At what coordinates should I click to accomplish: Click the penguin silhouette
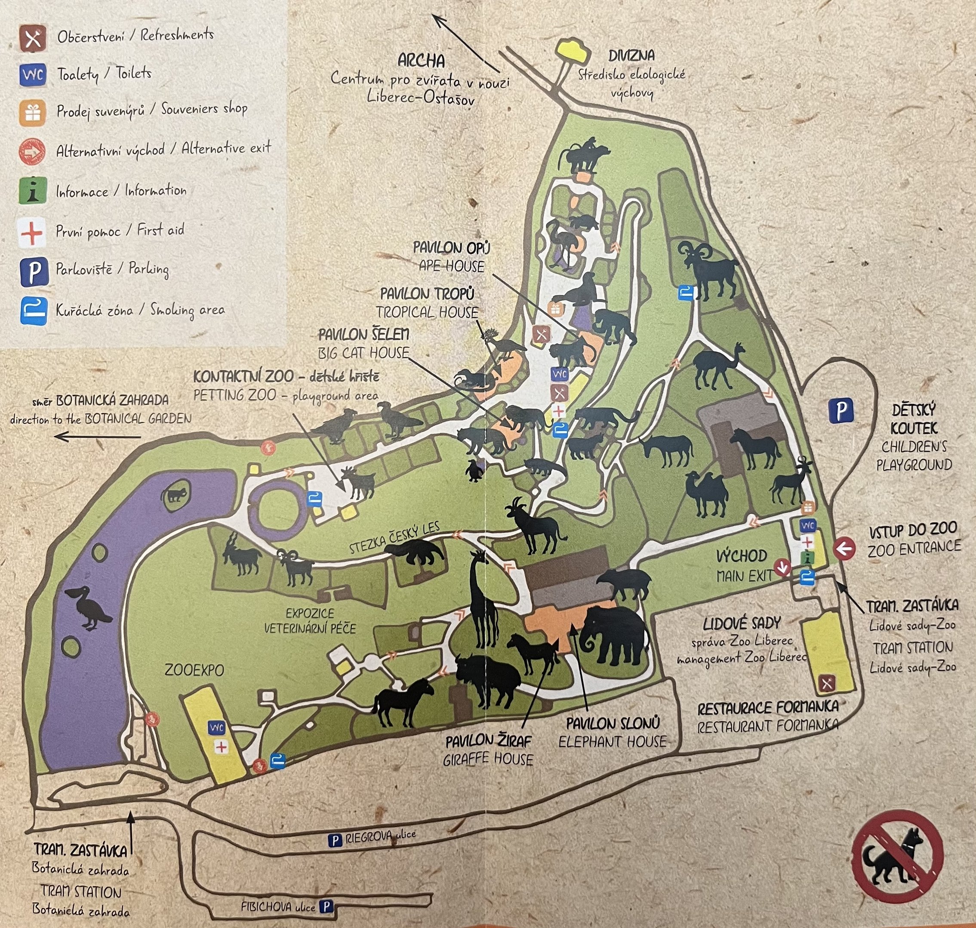tap(474, 470)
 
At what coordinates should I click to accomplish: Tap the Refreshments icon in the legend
tap(33, 38)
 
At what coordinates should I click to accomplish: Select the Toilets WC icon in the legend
tap(33, 75)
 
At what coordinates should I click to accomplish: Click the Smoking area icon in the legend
tap(34, 311)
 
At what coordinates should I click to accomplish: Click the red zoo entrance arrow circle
tap(844, 548)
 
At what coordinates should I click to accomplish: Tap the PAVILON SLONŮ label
tap(613, 723)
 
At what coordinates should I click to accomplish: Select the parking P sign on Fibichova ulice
tap(326, 907)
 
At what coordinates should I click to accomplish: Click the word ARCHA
tap(421, 61)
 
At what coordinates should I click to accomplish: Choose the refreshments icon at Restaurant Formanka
tap(827, 684)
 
